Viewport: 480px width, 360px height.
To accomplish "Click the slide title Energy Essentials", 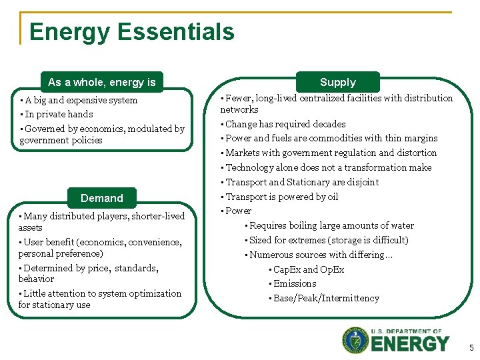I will [x=132, y=32].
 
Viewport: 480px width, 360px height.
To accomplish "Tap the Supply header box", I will [x=338, y=82].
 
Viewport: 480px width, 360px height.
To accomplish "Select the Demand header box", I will [x=101, y=198].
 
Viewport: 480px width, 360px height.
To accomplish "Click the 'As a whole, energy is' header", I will [x=101, y=82].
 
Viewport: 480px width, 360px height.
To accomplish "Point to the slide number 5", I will [x=471, y=347].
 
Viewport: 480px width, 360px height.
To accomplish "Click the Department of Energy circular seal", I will [x=355, y=341].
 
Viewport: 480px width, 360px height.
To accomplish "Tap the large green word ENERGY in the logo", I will [x=410, y=344].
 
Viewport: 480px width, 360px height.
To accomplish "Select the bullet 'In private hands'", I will [x=59, y=114].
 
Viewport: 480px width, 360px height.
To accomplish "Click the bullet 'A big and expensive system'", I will [x=81, y=100].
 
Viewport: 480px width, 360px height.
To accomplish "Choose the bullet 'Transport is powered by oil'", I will [x=282, y=197].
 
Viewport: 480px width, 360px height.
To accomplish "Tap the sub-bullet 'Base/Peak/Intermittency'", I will [x=326, y=298].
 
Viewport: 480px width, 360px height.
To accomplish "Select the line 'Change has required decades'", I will [x=285, y=124].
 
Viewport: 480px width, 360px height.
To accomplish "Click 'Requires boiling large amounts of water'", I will [x=331, y=225].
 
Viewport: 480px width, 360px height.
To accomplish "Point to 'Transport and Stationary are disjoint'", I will [x=302, y=182].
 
